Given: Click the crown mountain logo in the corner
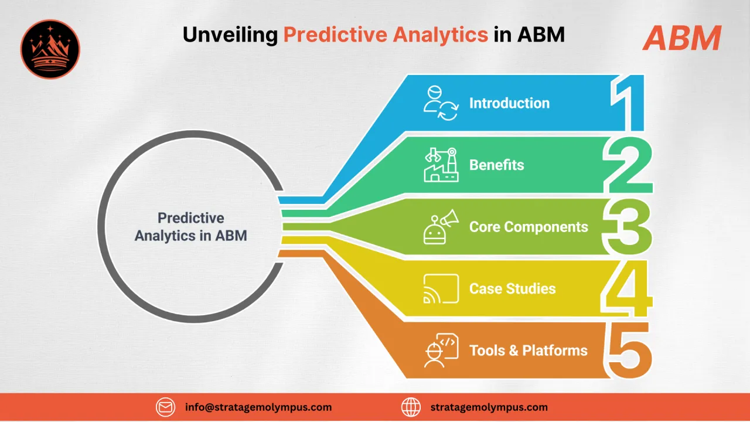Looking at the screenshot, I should tap(50, 49).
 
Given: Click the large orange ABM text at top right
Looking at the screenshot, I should tap(681, 38).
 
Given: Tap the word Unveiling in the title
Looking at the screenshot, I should tap(230, 35).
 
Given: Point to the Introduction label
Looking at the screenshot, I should tap(509, 103).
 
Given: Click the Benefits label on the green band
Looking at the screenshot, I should tap(496, 165).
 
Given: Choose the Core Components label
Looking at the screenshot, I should tap(529, 227).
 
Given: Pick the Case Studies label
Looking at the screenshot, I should tap(512, 288).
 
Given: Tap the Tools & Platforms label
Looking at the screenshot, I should tap(528, 350).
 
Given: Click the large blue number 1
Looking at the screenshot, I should tap(629, 103).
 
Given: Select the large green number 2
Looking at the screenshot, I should tap(628, 165).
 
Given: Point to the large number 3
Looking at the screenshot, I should tap(628, 227).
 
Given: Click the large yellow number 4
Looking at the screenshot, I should tap(628, 288).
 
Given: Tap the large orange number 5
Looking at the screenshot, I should tap(629, 350).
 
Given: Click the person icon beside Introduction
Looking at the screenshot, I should tap(441, 103).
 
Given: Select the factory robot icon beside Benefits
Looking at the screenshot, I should tap(441, 165).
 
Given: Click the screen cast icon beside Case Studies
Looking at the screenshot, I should tap(441, 288).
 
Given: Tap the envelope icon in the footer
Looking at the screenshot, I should tap(166, 407).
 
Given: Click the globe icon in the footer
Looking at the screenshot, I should tap(411, 407).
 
